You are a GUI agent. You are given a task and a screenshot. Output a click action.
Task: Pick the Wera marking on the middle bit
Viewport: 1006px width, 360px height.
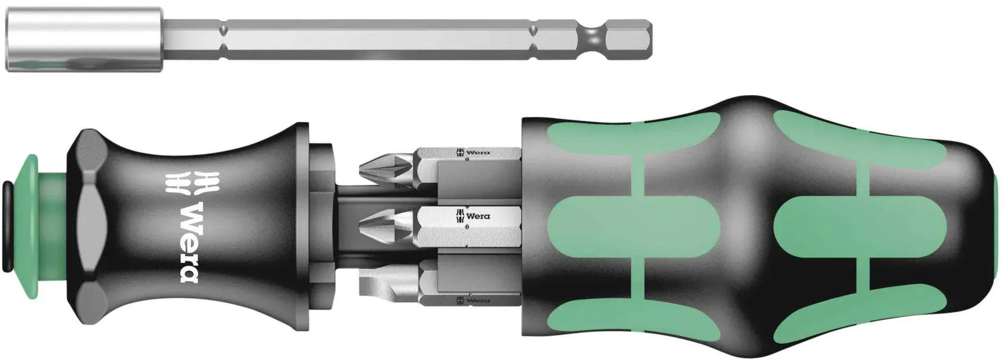tap(474, 216)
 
